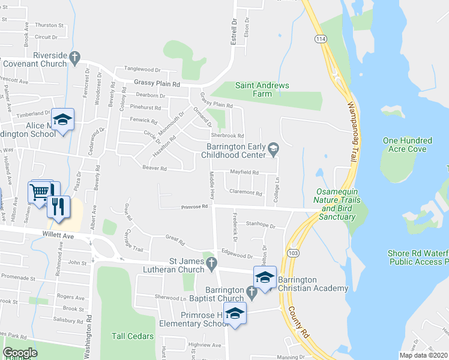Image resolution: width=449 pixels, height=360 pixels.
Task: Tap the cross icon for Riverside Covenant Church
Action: click(x=74, y=58)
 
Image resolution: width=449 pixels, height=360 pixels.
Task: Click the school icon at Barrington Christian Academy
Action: click(x=264, y=277)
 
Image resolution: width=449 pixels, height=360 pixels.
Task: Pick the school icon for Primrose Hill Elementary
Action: click(x=235, y=314)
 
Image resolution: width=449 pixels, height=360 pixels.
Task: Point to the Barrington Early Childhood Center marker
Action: click(x=274, y=148)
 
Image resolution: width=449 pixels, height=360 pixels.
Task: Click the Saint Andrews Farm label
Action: click(x=262, y=89)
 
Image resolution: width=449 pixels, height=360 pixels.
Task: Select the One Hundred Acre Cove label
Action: click(x=405, y=145)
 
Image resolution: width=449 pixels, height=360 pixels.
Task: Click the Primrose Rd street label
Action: click(x=195, y=207)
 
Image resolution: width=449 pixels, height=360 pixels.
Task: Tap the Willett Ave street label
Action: click(x=58, y=236)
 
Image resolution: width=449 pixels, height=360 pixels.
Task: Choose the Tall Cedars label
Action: click(x=132, y=337)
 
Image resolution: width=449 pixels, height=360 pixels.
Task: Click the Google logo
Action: click(x=20, y=352)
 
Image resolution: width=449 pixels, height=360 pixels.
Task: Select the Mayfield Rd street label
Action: click(x=244, y=172)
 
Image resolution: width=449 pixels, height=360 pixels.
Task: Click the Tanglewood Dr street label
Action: click(x=142, y=70)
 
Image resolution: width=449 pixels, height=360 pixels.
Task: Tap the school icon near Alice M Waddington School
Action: click(x=62, y=120)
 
